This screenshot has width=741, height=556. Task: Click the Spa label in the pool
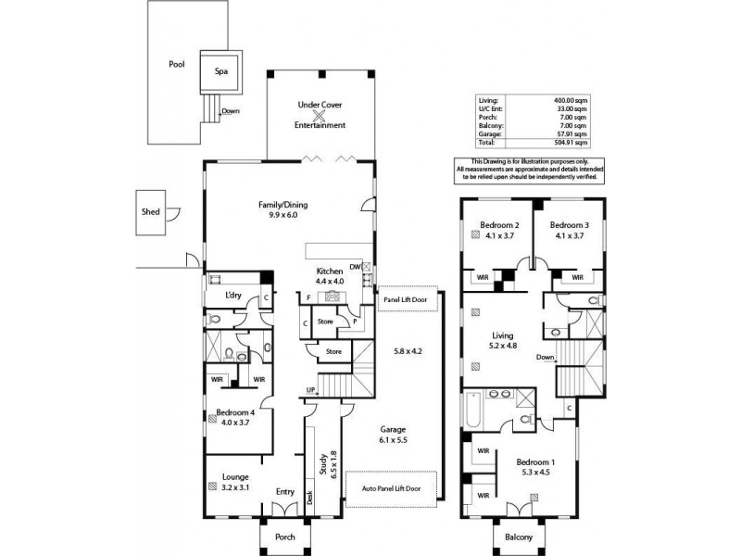[221, 69]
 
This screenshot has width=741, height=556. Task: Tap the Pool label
[176, 65]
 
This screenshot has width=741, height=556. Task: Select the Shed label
[150, 212]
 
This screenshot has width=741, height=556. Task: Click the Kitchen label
[330, 272]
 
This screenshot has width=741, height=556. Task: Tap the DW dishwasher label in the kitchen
[355, 266]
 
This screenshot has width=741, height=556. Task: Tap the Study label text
[320, 463]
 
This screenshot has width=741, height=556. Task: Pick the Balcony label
[519, 537]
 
